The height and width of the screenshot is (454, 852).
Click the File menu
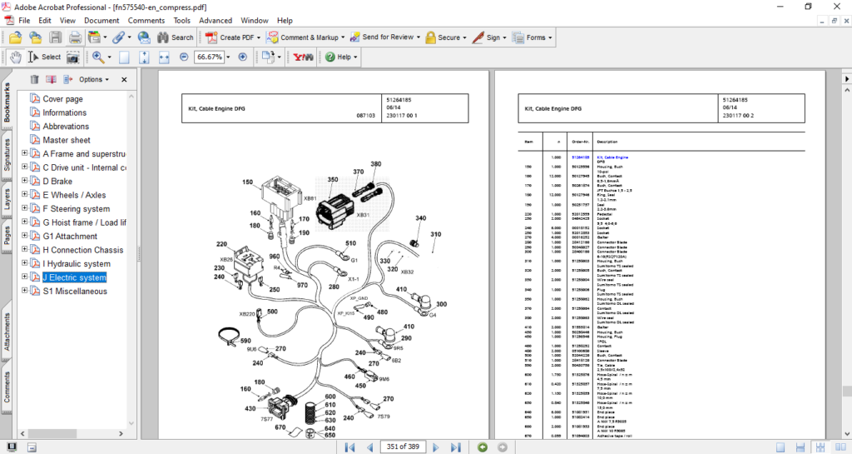click(x=23, y=20)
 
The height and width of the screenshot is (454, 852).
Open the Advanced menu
click(x=215, y=20)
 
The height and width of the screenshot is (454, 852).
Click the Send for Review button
click(x=386, y=37)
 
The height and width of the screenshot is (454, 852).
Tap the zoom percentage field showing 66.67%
click(x=209, y=57)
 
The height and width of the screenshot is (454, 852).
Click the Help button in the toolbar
click(x=342, y=57)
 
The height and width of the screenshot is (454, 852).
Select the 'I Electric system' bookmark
click(x=75, y=277)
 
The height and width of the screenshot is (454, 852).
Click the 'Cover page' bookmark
click(x=62, y=99)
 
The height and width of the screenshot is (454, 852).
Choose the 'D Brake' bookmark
click(x=57, y=182)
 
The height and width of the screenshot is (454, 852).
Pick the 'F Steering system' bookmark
click(x=77, y=209)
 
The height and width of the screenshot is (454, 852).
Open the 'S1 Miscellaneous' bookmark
click(x=75, y=292)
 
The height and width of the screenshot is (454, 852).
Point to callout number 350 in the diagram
click(x=332, y=179)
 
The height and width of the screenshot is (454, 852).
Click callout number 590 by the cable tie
click(x=245, y=341)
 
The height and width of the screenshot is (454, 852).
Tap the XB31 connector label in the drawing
click(x=363, y=215)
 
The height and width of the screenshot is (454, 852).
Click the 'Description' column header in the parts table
click(x=607, y=141)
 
